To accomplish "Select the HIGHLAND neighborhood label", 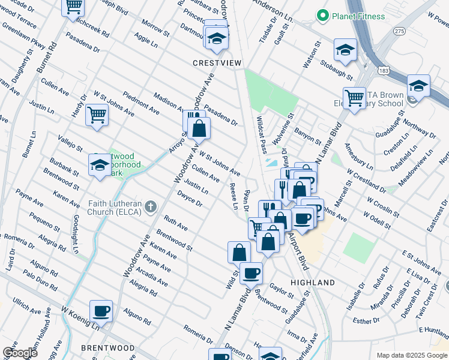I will pyautogui.click(x=312, y=282).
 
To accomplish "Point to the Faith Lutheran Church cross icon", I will pyautogui.click(x=150, y=208).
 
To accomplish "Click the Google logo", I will pyautogui.click(x=19, y=353).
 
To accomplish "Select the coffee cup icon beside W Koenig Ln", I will pyautogui.click(x=101, y=311).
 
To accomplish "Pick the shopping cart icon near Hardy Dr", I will pyautogui.click(x=97, y=113).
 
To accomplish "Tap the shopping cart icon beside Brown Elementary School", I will pyautogui.click(x=354, y=97).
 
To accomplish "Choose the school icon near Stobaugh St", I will pyautogui.click(x=345, y=50).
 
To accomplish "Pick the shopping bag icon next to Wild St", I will pyautogui.click(x=239, y=251).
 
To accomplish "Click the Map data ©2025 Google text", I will pyautogui.click(x=411, y=355).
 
